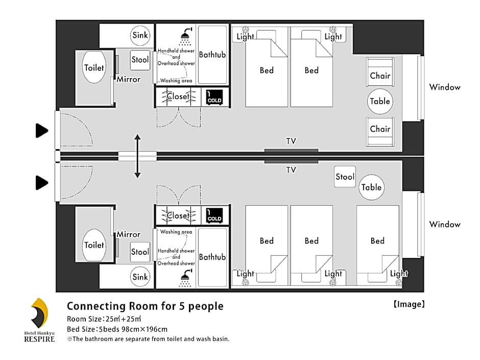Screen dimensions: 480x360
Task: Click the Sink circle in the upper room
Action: [140, 35]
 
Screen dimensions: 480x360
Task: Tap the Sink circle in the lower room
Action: [140, 277]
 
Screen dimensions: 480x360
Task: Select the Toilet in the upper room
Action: [94, 67]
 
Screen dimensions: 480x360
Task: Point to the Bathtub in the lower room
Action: [212, 257]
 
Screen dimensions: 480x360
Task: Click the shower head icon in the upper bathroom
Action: [186, 36]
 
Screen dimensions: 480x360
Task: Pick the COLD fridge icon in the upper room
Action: [214, 98]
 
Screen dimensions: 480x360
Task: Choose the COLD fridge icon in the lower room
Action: [214, 215]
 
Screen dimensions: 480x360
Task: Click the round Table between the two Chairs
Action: [380, 101]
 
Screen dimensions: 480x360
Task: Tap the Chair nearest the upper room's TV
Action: [380, 131]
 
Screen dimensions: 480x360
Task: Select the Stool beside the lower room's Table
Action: [345, 177]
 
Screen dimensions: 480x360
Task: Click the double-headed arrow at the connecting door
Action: [137, 156]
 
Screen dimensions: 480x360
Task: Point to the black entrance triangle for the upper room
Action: [42, 131]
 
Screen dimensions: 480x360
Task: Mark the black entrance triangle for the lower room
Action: [42, 183]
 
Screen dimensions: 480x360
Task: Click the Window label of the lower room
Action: [444, 224]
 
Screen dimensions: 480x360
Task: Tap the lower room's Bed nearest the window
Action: [378, 244]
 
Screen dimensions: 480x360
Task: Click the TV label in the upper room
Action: [291, 141]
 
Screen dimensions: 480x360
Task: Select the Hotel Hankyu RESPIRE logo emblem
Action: [39, 313]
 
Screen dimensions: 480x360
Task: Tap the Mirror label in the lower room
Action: [128, 234]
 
